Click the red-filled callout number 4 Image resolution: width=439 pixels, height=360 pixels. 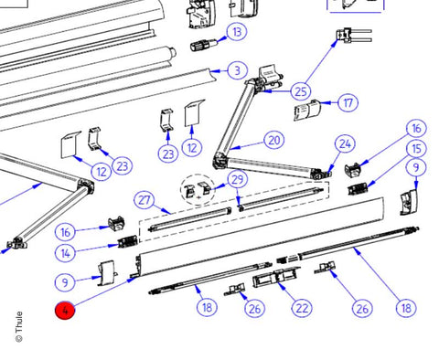tap(65, 311)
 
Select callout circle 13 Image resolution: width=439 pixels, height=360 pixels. tap(237, 32)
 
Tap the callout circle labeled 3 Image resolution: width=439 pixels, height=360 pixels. tap(238, 70)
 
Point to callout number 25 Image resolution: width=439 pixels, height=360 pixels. tap(301, 91)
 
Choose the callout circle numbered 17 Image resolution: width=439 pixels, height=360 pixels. tap(348, 103)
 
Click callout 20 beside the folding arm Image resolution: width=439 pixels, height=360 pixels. tap(274, 140)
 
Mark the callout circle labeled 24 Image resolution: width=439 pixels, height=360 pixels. tap(345, 143)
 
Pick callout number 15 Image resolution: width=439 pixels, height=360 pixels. tap(416, 149)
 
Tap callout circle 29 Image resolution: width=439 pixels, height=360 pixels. tap(238, 180)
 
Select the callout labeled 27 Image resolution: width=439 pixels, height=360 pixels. tap(145, 200)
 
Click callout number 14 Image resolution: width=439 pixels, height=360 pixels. tap(65, 253)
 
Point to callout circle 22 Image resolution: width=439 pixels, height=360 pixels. tap(302, 308)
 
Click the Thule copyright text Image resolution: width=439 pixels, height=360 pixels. tap(19, 326)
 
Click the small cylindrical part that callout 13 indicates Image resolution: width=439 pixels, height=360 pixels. tap(204, 46)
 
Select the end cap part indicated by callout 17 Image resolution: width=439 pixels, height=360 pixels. tap(307, 111)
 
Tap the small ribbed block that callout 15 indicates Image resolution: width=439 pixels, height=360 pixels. tap(358, 189)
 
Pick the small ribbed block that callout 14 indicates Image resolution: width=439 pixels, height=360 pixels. tap(127, 241)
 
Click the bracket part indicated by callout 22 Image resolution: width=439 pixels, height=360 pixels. tap(276, 278)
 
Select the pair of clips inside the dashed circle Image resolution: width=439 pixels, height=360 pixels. tap(198, 189)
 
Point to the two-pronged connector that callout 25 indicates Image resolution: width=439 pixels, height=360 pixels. tap(354, 35)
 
